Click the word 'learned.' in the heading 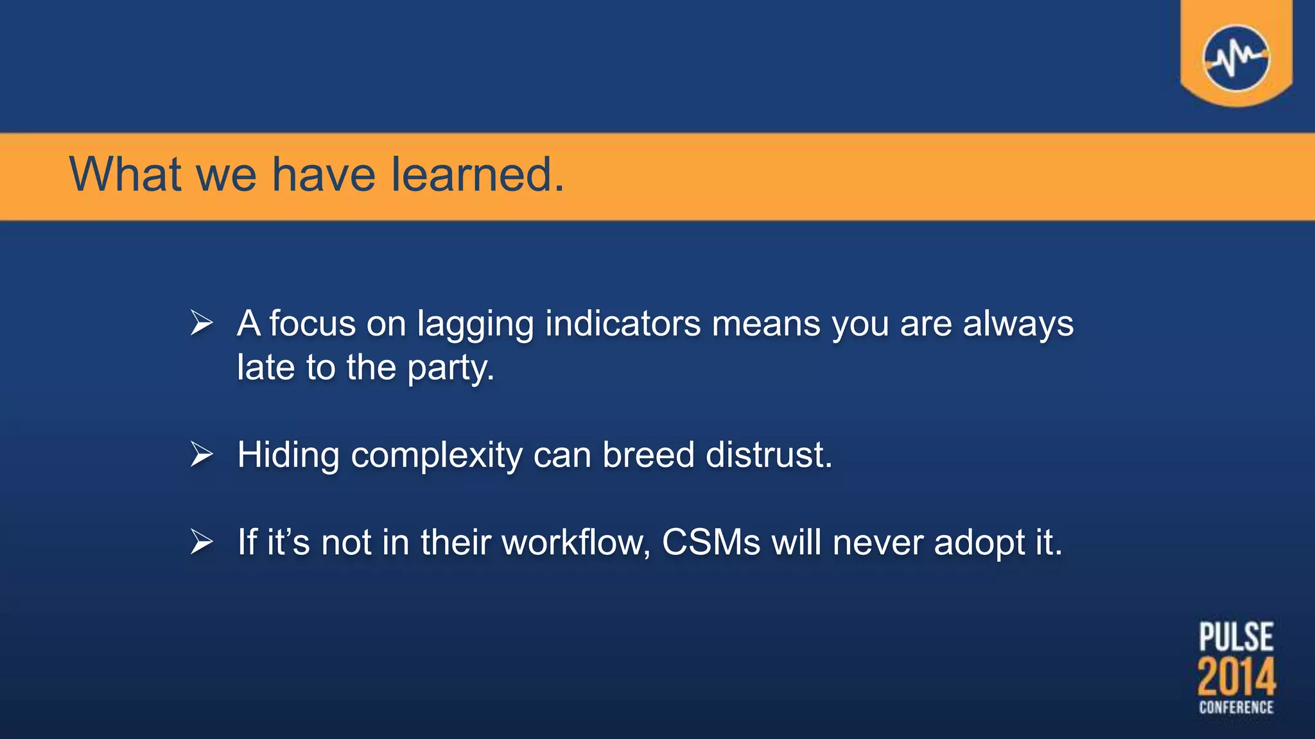pos(478,174)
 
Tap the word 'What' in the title pos(126,174)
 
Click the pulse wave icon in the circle pos(1236,58)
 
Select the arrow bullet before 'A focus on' pos(202,323)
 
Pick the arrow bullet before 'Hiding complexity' pos(202,455)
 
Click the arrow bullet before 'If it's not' pos(202,542)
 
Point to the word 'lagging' pos(475,325)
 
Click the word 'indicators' pos(623,323)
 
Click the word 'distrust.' pos(769,455)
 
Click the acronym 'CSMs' pos(711,542)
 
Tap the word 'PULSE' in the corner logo pos(1236,636)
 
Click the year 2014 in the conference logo pos(1236,677)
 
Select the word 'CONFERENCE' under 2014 pos(1236,708)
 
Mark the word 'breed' pos(648,455)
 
